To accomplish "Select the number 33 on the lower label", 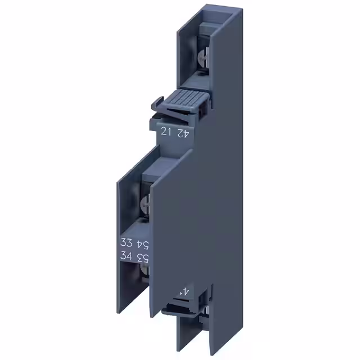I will click(x=127, y=244).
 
